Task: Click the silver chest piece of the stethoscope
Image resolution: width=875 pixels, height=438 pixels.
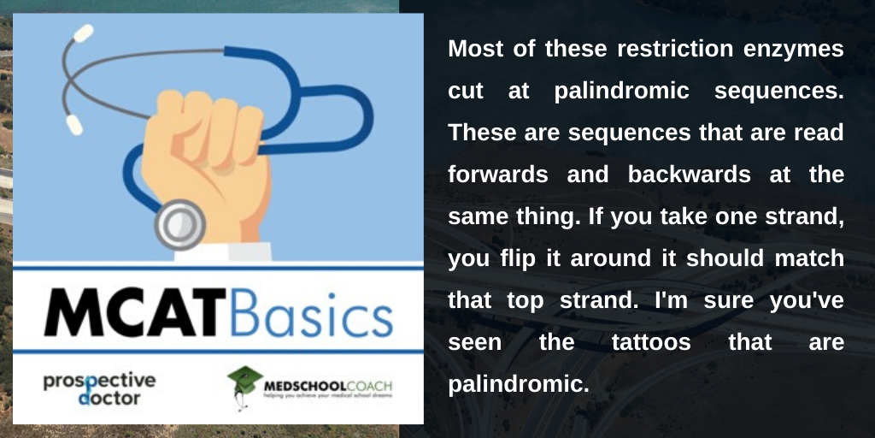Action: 179,225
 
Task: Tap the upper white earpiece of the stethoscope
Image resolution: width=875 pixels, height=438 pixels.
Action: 84,33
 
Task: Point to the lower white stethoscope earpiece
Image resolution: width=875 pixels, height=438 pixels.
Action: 74,125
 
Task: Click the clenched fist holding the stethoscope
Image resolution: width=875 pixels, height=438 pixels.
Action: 207,162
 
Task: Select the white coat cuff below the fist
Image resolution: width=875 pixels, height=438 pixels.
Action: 223,252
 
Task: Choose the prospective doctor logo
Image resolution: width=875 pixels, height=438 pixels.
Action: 99,388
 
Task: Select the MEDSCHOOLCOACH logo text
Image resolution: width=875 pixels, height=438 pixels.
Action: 328,386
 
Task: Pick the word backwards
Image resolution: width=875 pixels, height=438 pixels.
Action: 690,175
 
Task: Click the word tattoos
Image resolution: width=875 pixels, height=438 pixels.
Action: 651,342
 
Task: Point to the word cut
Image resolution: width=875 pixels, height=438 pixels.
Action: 466,92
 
